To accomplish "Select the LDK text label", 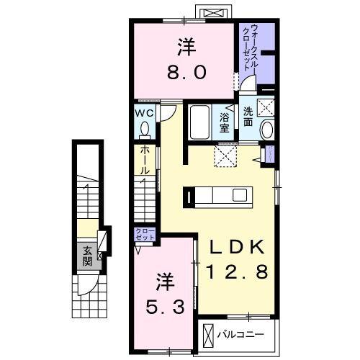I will pyautogui.click(x=238, y=247).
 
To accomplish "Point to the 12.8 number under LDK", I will pyautogui.click(x=238, y=272).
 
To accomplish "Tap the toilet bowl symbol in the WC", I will pyautogui.click(x=145, y=129).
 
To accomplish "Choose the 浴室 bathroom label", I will pyautogui.click(x=225, y=122).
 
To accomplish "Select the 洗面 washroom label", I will pyautogui.click(x=247, y=117).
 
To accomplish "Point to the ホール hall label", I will pyautogui.click(x=145, y=161).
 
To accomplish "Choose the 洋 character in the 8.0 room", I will pyautogui.click(x=186, y=47).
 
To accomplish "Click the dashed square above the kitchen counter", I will pyautogui.click(x=227, y=156).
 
